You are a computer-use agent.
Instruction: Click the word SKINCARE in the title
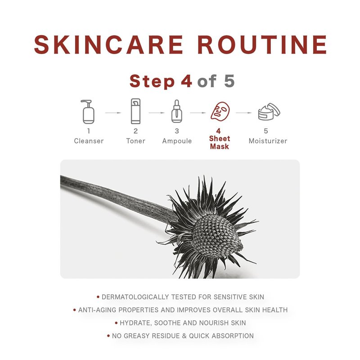(108, 45)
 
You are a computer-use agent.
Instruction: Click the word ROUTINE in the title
(262, 45)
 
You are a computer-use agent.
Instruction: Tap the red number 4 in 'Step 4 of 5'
(186, 81)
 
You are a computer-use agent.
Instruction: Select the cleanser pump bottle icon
(88, 112)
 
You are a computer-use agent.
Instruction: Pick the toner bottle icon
(135, 111)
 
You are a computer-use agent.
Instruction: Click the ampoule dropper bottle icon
(177, 111)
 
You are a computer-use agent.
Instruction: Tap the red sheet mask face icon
(220, 111)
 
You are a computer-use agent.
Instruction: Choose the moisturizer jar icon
(269, 112)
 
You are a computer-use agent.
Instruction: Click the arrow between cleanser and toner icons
(113, 113)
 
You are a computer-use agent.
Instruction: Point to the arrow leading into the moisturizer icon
(244, 113)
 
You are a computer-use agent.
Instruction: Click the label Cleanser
(89, 141)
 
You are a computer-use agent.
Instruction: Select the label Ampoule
(177, 141)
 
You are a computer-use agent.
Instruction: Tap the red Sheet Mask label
(220, 142)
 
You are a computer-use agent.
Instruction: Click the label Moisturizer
(268, 141)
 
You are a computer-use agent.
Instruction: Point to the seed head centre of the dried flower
(216, 235)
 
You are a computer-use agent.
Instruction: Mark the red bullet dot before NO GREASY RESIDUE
(108, 336)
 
